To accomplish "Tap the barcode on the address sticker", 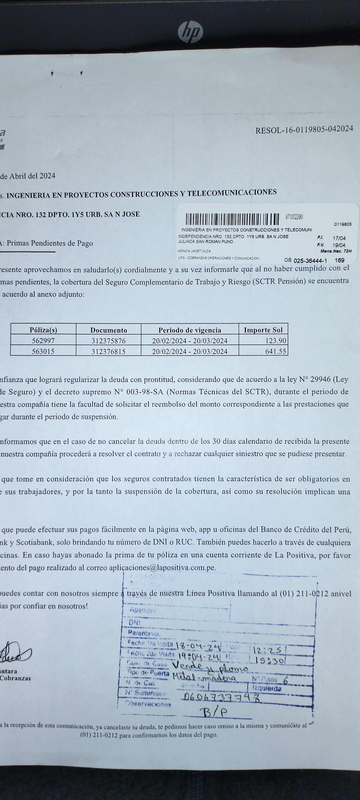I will pos(232,219).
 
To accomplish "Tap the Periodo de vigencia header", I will pos(190,330).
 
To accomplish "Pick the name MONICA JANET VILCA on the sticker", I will pos(194,251).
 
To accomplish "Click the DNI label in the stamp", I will pos(134,622).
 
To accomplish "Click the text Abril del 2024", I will pos(32,176).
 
